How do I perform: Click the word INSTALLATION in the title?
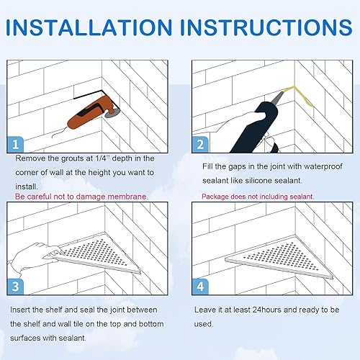coord(89,27)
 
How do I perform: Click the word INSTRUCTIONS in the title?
coord(266,27)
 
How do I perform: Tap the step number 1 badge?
coord(15,145)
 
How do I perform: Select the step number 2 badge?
coord(200,145)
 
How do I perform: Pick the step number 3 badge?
coord(15,287)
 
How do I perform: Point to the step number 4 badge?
coord(200,287)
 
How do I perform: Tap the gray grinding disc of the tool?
coord(112,112)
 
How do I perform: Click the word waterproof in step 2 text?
coord(323,166)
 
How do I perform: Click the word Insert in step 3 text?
coord(20,310)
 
